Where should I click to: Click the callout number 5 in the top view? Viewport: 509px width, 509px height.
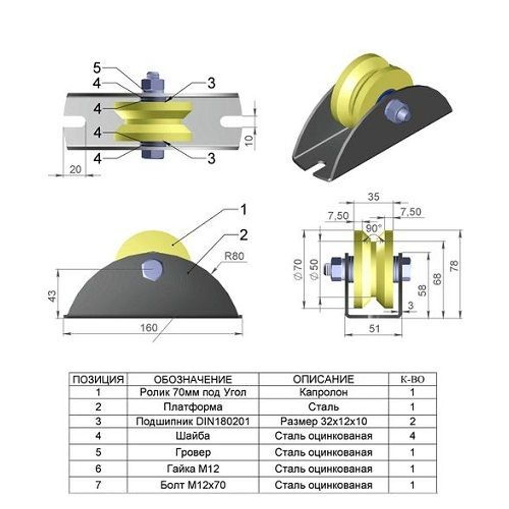click(x=97, y=68)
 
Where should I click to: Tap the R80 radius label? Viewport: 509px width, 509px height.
click(x=234, y=256)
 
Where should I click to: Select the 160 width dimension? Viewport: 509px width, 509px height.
click(x=149, y=328)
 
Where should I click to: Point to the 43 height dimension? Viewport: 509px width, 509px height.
click(x=52, y=296)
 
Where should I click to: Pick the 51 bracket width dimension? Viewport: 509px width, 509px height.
click(x=374, y=328)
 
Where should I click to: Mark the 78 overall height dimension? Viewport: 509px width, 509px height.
click(x=455, y=266)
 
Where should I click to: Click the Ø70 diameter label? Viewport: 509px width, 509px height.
click(x=298, y=269)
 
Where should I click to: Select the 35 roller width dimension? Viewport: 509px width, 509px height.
click(x=373, y=196)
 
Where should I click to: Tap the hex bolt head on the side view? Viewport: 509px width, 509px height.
click(x=152, y=270)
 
